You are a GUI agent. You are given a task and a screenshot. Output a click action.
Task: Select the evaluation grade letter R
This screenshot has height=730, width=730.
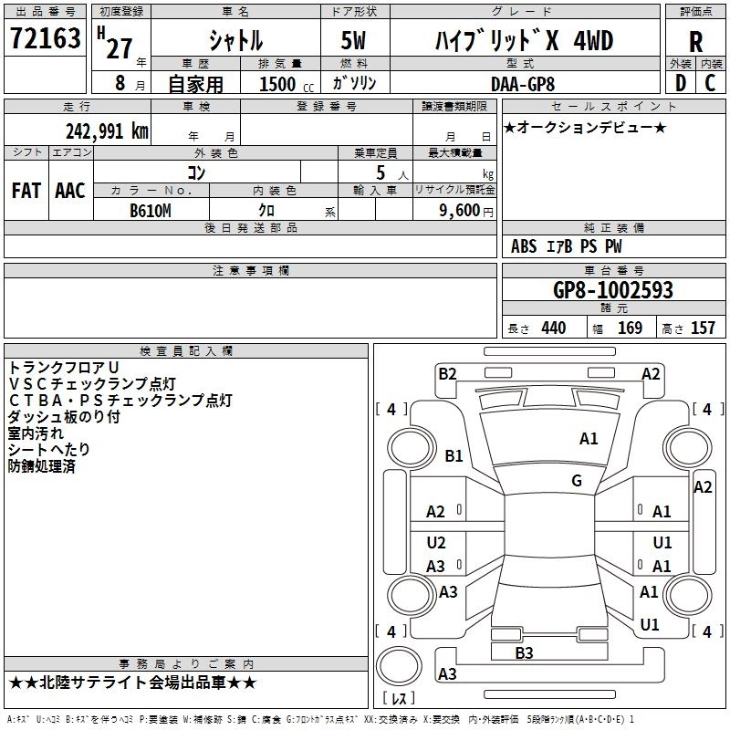(695, 42)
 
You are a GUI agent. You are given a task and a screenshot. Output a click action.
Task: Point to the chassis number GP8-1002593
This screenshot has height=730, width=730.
(613, 290)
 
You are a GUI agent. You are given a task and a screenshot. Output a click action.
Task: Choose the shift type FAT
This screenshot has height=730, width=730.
(26, 190)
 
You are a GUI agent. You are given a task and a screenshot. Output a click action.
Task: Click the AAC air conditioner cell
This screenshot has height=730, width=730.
(69, 190)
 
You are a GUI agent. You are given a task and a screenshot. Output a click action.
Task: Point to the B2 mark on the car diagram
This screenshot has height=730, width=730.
(447, 373)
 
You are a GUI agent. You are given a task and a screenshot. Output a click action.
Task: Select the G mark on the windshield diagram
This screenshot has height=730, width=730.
(577, 481)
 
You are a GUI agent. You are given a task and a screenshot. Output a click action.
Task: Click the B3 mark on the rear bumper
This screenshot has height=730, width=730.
(524, 652)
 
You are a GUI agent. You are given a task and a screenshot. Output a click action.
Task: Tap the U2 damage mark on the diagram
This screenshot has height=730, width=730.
(436, 543)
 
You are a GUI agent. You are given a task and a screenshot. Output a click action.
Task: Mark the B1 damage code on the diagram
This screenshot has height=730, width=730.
(454, 456)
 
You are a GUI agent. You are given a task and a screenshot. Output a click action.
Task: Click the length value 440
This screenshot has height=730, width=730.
(553, 328)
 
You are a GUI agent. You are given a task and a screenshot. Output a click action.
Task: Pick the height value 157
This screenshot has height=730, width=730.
(703, 328)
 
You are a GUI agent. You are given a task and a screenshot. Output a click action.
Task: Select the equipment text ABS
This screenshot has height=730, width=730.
(524, 246)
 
